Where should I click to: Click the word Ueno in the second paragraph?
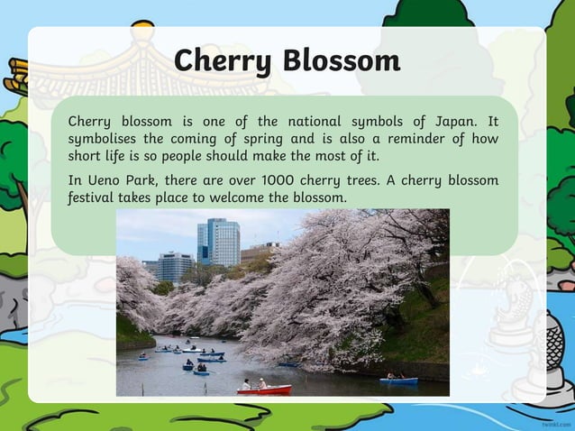105,180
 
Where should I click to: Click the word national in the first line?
320,122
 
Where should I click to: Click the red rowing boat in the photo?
265,389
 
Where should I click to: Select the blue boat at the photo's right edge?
397,381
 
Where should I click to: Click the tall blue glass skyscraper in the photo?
218,242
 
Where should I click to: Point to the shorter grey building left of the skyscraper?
174,267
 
